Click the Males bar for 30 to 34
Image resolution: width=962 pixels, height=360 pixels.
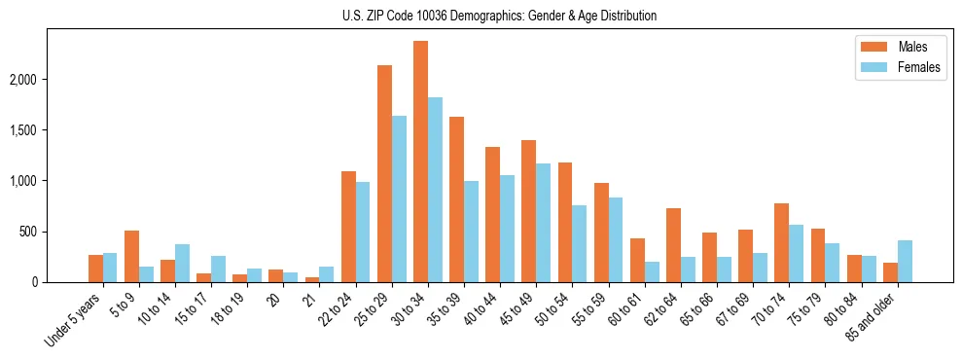pyautogui.click(x=420, y=162)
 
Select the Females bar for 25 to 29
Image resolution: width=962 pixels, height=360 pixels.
pyautogui.click(x=399, y=199)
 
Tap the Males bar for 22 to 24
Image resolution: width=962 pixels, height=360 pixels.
pyautogui.click(x=348, y=227)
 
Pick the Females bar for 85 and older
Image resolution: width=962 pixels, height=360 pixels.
pyautogui.click(x=905, y=261)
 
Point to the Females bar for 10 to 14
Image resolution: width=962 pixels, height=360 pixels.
pyautogui.click(x=182, y=263)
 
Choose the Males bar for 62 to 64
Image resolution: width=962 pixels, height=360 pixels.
pyautogui.click(x=673, y=245)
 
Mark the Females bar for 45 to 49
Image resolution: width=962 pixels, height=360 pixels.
pyautogui.click(x=543, y=223)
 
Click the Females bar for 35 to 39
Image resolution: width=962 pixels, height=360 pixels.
pyautogui.click(x=471, y=232)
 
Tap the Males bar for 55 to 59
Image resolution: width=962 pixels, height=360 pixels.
pyautogui.click(x=601, y=233)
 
